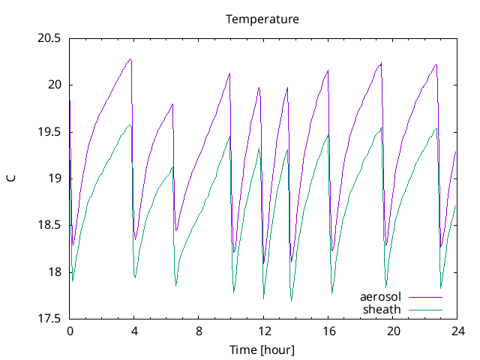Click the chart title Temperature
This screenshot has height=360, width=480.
262,19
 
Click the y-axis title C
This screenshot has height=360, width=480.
10,178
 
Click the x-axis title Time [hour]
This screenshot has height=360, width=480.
262,349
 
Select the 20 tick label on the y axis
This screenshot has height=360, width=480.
55,85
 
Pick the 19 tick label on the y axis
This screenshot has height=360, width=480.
55,178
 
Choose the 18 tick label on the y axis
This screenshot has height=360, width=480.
55,272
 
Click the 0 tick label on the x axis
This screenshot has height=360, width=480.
70,331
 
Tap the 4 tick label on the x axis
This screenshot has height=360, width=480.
134,331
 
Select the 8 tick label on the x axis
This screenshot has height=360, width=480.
199,331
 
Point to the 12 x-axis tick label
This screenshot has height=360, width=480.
264,331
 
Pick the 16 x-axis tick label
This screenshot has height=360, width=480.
328,331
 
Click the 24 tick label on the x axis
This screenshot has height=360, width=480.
458,331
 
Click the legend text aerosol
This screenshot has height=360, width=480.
381,297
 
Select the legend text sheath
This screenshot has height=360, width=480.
382,309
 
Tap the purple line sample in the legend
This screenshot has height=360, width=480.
424,298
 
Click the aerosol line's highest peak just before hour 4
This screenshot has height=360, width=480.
130,59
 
